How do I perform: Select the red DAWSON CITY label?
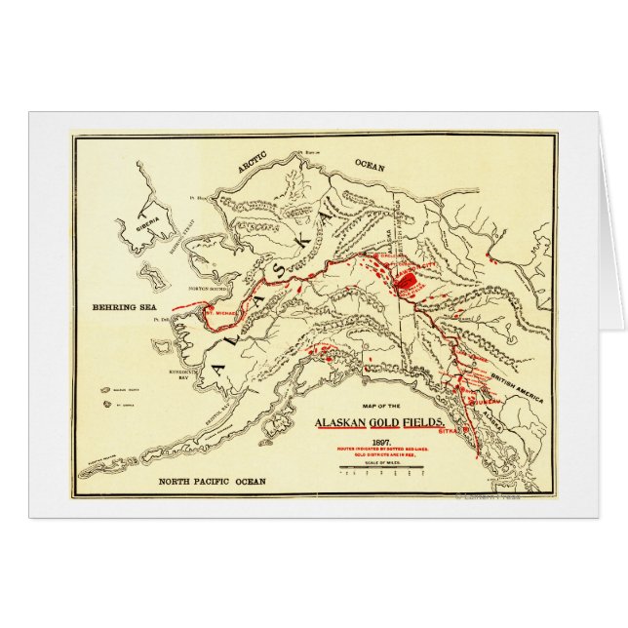click(x=413, y=264)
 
